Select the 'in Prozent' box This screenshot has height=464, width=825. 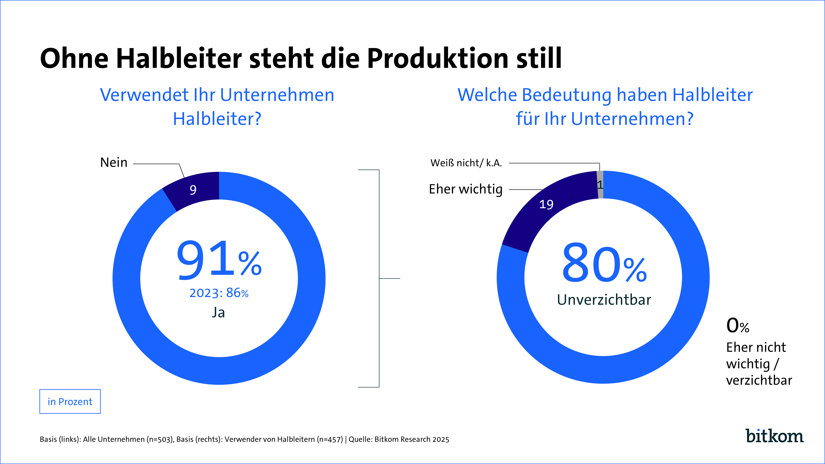click(x=70, y=402)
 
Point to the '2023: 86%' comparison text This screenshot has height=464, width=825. click(x=219, y=293)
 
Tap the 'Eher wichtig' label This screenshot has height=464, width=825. click(x=466, y=189)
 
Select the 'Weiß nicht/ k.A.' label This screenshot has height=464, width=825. click(x=466, y=163)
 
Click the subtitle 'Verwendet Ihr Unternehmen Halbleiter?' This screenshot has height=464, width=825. click(x=217, y=107)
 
